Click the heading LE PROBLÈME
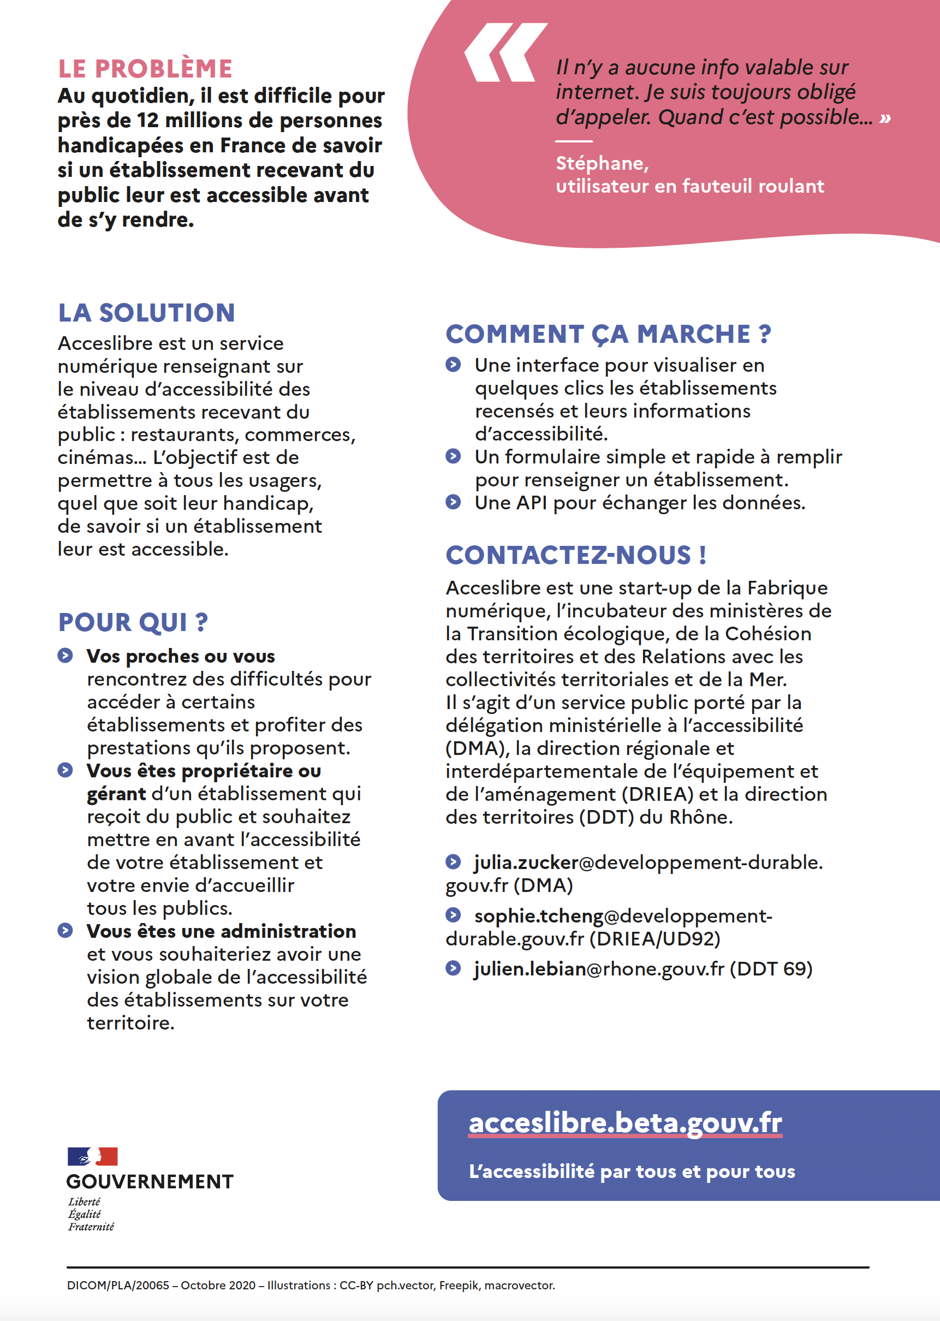[x=145, y=69]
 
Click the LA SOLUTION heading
[x=146, y=313]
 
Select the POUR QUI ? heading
[x=133, y=623]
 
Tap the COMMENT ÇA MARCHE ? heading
[x=608, y=335]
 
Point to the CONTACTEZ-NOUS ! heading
[x=575, y=555]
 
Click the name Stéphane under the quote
[x=601, y=164]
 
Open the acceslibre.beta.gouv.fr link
[x=625, y=1123]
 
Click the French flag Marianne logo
[x=93, y=1157]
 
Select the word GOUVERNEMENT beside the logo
[x=150, y=1181]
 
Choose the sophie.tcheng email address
[x=623, y=917]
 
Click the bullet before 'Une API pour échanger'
[x=453, y=502]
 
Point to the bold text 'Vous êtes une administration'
[x=221, y=931]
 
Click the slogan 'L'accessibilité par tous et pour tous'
[x=632, y=1172]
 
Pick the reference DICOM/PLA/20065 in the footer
[x=118, y=1286]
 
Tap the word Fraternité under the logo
[x=91, y=1227]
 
